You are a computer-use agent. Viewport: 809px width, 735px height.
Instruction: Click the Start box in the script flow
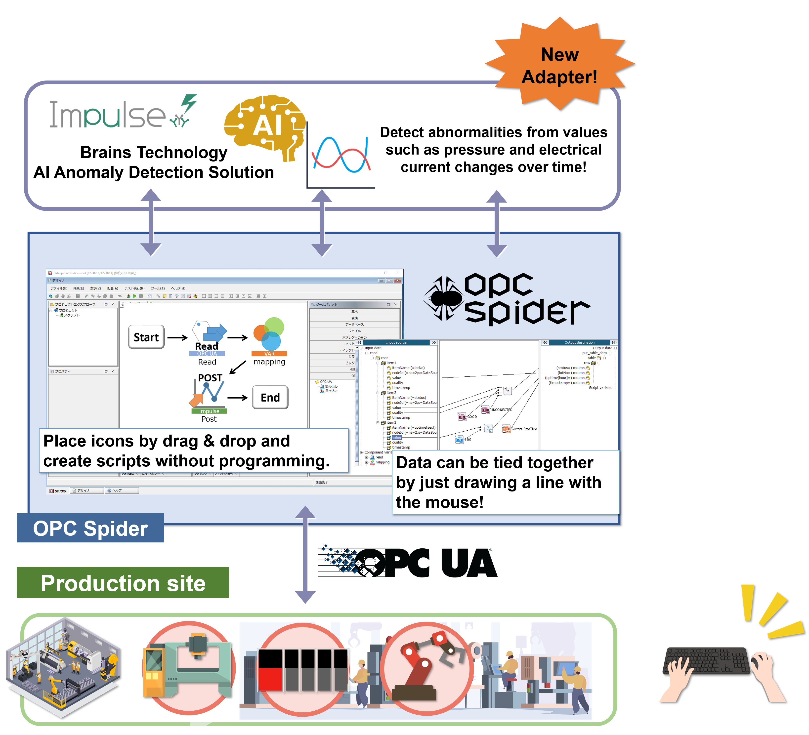tap(146, 337)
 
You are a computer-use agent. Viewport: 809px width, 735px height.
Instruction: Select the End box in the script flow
tap(270, 397)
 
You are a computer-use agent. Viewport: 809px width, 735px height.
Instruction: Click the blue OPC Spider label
tap(90, 528)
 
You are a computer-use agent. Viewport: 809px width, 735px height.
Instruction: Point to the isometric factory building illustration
tap(64, 666)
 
